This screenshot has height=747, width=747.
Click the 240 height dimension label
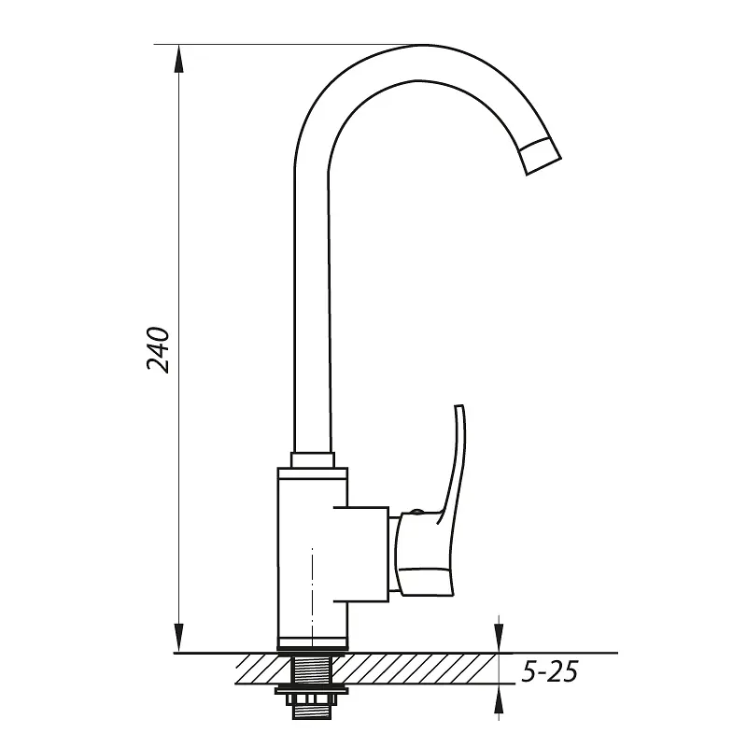pos(158,349)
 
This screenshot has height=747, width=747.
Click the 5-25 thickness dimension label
pos(550,671)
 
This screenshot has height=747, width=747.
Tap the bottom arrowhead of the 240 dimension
pos(178,638)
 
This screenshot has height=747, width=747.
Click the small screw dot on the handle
pos(416,512)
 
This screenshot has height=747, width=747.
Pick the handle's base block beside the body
pos(424,554)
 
